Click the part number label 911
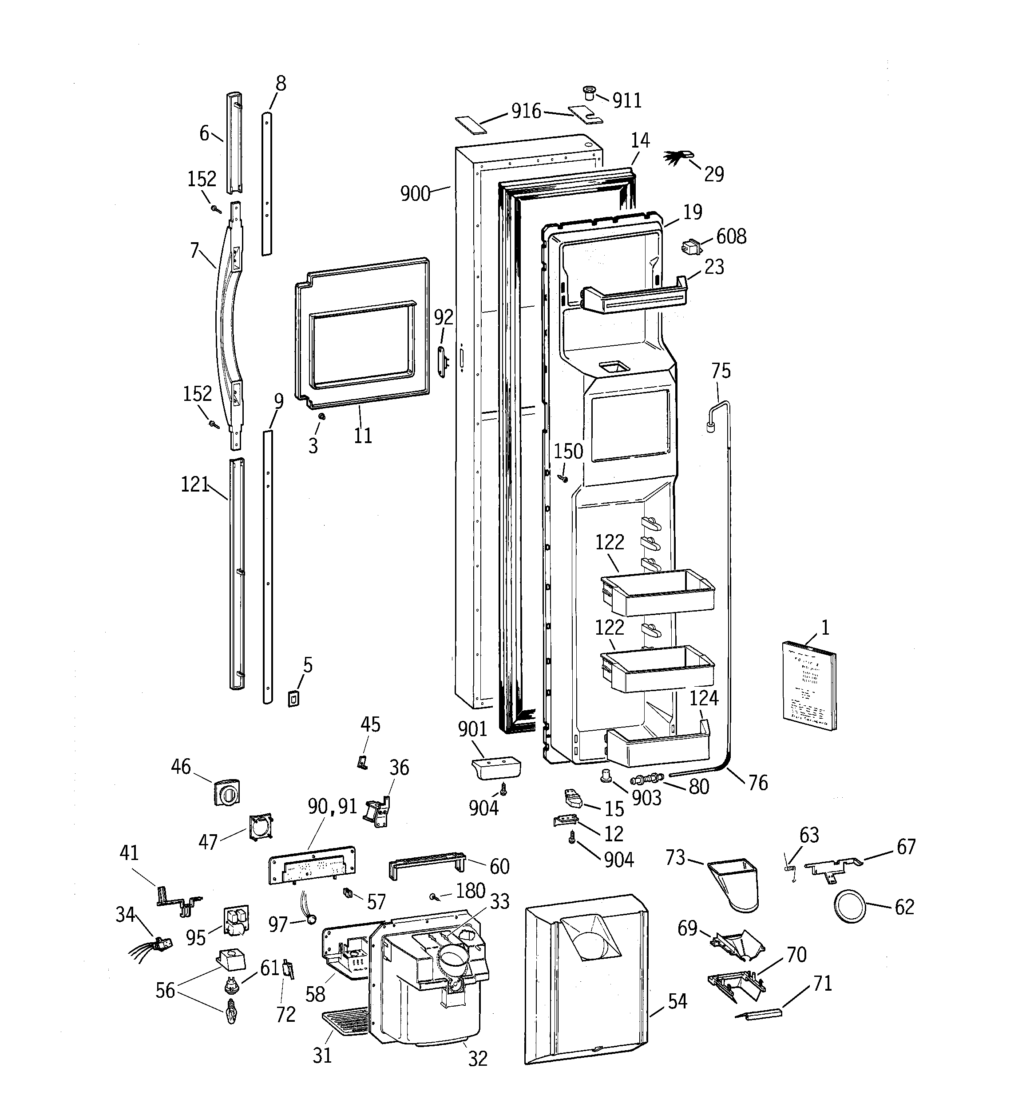pyautogui.click(x=627, y=101)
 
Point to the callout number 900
pyautogui.click(x=415, y=194)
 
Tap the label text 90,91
pyautogui.click(x=332, y=807)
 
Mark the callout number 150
pyautogui.click(x=568, y=452)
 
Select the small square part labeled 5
pyautogui.click(x=293, y=698)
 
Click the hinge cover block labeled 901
pyautogui.click(x=496, y=768)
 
